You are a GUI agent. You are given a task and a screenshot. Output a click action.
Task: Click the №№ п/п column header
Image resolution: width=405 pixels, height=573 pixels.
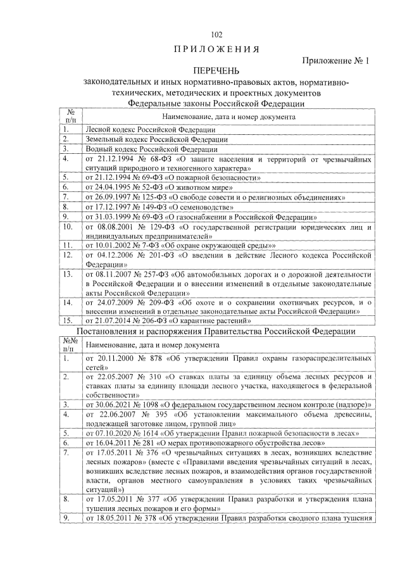coord(70,344)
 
